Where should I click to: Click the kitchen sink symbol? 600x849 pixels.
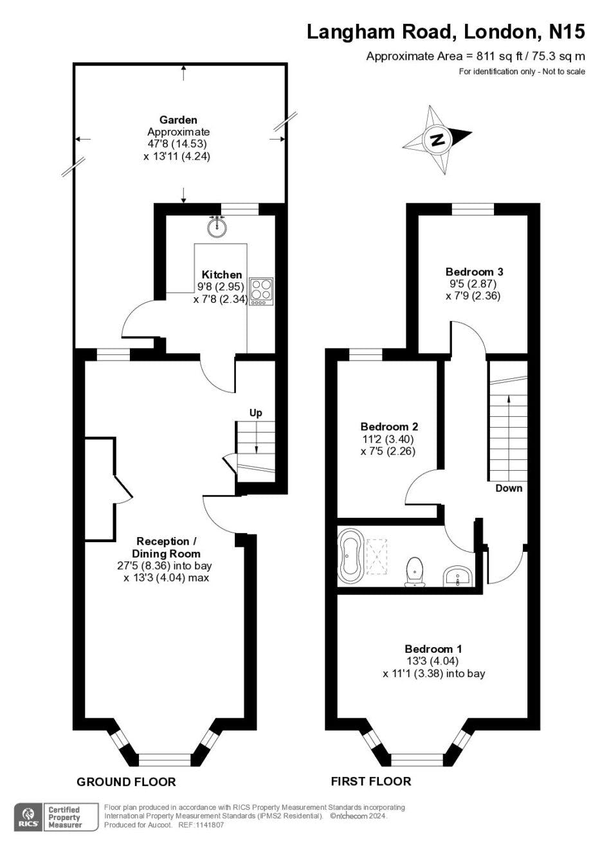217,226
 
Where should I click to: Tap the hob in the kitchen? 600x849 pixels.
260,291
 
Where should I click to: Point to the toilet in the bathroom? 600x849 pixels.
415,572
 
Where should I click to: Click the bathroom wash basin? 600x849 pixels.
457,576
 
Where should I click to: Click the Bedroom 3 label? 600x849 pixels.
474,271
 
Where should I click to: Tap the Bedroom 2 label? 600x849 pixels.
389,427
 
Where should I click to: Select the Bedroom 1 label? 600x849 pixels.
433,648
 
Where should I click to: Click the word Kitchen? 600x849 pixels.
222,275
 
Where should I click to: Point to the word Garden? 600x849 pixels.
178,120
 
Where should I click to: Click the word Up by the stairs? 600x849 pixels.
255,413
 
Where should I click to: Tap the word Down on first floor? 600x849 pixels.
509,488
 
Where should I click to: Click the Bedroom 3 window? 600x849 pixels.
473,209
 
